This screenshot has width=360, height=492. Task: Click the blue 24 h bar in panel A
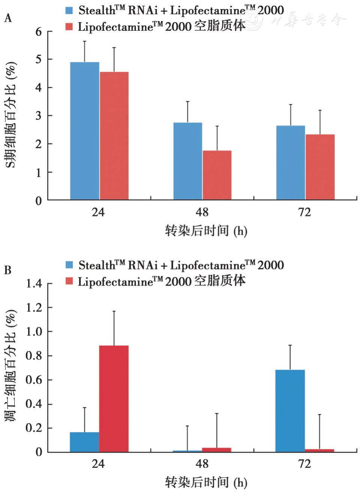(85, 131)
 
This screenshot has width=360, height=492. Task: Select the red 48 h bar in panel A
(217, 175)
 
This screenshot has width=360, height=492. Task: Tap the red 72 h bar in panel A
(320, 167)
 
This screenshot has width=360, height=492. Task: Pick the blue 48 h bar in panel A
(188, 161)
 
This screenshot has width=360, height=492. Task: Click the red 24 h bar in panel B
(114, 399)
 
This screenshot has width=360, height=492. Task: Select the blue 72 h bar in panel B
(290, 411)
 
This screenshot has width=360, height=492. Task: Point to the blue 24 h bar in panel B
(85, 442)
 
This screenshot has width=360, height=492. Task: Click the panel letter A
(8, 18)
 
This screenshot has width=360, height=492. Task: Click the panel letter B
(8, 270)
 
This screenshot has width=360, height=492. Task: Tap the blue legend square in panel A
(69, 10)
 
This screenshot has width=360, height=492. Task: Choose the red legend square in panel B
(69, 281)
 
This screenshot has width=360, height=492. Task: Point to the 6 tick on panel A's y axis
(39, 31)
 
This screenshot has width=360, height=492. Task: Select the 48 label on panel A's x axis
(202, 212)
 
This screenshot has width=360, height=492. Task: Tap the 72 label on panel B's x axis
(304, 464)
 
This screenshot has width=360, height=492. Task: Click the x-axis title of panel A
(206, 231)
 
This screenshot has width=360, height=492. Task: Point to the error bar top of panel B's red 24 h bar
(114, 311)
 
